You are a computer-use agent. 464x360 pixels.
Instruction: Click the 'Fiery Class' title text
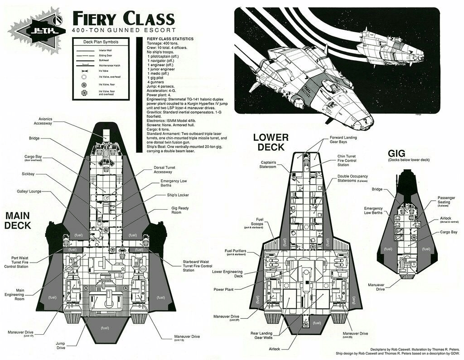(123, 19)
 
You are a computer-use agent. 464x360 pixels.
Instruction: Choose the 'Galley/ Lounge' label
(29, 192)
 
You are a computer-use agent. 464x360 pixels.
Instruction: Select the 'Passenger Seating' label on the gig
(446, 200)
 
